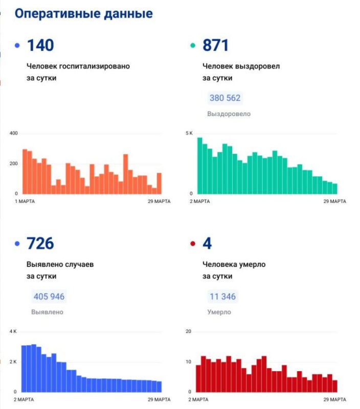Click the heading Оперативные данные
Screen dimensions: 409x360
coord(83,14)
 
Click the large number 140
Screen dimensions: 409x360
coord(40,46)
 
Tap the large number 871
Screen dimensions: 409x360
coord(215,46)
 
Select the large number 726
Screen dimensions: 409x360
coord(40,243)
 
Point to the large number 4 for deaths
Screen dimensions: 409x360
coord(207,243)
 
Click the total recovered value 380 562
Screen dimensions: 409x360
coord(225,98)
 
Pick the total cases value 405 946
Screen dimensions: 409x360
coord(49,297)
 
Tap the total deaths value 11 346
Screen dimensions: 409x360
coord(222,297)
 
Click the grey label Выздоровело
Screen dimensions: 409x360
coord(229,114)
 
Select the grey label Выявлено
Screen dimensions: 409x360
coord(47,312)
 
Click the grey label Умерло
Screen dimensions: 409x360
coord(219,312)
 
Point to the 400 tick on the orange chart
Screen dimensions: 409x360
coord(13,133)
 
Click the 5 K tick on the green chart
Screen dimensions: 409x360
coord(189,133)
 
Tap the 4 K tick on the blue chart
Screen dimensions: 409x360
coord(13,332)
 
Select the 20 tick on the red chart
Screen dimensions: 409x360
coord(188,332)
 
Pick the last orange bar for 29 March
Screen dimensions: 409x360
coord(159,184)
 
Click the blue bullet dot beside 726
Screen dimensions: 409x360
coord(17,244)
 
